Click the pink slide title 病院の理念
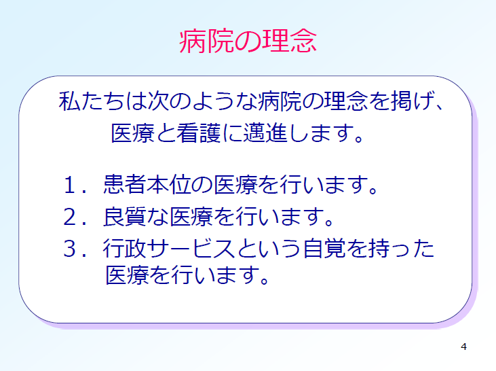click(x=248, y=41)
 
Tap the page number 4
click(x=463, y=347)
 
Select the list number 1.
click(x=69, y=185)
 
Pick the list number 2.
click(x=70, y=217)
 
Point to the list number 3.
click(x=70, y=249)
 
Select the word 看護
click(x=198, y=132)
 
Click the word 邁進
click(x=265, y=132)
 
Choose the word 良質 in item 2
click(x=125, y=217)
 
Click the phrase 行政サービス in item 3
click(x=168, y=248)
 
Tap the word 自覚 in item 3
click(x=324, y=248)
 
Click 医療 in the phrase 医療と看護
click(x=132, y=132)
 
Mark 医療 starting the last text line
click(x=127, y=275)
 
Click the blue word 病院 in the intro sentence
click(x=280, y=101)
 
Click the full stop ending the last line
click(x=264, y=280)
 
